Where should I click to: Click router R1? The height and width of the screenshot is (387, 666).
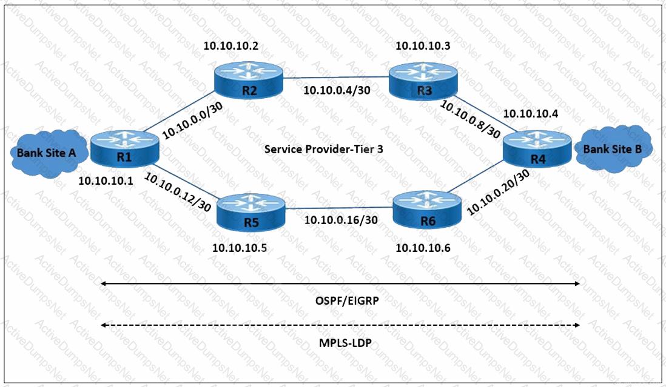pyautogui.click(x=125, y=148)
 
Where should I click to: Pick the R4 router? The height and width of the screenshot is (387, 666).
pyautogui.click(x=536, y=150)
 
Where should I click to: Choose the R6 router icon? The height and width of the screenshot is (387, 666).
pyautogui.click(x=427, y=211)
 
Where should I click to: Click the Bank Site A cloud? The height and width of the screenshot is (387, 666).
pyautogui.click(x=46, y=152)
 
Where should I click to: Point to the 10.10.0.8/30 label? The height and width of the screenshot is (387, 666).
pyautogui.click(x=470, y=119)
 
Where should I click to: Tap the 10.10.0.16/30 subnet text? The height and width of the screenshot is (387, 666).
pyautogui.click(x=341, y=220)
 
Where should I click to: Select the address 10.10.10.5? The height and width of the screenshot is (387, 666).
pyautogui.click(x=240, y=248)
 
